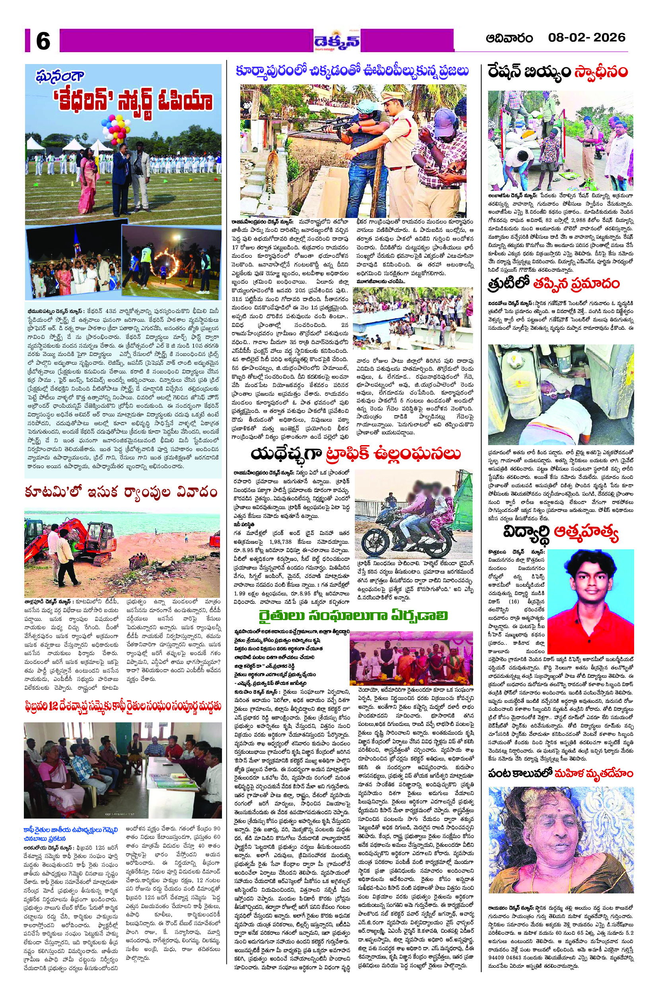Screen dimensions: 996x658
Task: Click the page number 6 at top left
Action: coord(43,41)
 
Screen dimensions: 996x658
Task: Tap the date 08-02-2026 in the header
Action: coord(586,38)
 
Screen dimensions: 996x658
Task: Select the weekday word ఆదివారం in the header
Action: coord(509,38)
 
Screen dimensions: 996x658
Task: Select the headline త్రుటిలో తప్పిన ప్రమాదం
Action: coord(553,284)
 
